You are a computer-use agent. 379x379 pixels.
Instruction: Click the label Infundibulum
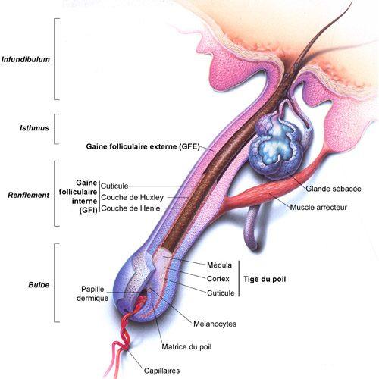(x=26, y=60)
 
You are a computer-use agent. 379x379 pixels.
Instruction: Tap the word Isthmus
(x=34, y=128)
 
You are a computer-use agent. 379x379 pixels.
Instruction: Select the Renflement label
(x=29, y=195)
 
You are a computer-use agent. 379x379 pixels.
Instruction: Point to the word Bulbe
(x=39, y=285)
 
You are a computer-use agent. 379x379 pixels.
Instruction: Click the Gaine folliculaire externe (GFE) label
(x=143, y=146)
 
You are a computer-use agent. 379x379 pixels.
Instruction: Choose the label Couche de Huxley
(x=132, y=197)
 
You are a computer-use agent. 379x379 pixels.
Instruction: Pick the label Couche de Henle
(x=130, y=208)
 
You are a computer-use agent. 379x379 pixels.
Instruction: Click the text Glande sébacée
(x=334, y=189)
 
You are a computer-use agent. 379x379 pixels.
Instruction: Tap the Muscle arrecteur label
(x=318, y=208)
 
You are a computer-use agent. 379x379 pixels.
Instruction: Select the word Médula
(x=219, y=265)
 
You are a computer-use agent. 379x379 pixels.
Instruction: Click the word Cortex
(x=218, y=279)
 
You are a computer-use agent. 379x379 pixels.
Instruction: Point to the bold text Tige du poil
(x=265, y=279)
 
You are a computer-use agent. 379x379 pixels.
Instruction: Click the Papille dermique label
(x=92, y=293)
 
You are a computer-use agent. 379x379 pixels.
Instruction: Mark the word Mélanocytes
(x=215, y=324)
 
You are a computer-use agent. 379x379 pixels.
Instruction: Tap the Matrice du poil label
(x=186, y=346)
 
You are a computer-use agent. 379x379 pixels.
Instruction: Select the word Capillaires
(x=161, y=371)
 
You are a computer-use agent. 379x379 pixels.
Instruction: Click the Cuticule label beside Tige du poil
(x=221, y=293)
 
